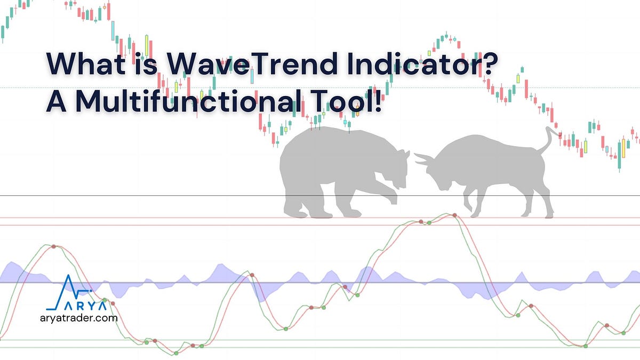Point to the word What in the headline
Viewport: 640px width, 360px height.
(87, 65)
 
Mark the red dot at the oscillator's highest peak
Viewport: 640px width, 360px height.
(454, 215)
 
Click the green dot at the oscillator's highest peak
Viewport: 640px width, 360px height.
(429, 222)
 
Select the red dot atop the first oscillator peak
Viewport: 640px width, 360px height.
(53, 246)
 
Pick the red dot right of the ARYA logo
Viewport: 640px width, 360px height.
(113, 303)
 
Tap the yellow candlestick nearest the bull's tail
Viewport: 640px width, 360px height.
(585, 146)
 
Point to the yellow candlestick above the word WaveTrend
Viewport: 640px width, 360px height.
(146, 43)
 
